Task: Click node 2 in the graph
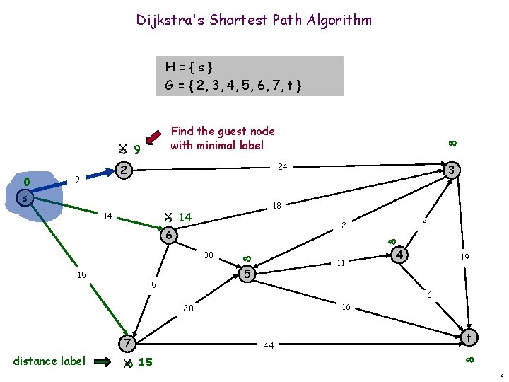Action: click(124, 170)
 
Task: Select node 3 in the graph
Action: click(453, 170)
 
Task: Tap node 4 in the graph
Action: click(400, 254)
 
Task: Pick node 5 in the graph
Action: click(246, 273)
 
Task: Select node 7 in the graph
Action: click(125, 344)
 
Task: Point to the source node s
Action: click(24, 199)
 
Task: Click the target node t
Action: click(468, 338)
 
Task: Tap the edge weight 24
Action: click(283, 168)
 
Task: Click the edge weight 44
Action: click(268, 346)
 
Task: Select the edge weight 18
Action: click(278, 206)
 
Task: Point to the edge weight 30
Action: click(209, 255)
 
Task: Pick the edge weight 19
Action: click(465, 258)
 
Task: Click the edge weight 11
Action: click(340, 262)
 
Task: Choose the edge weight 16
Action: click(346, 308)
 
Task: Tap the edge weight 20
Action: click(188, 308)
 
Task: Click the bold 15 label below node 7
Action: click(145, 363)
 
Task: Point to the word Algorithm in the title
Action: click(339, 20)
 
